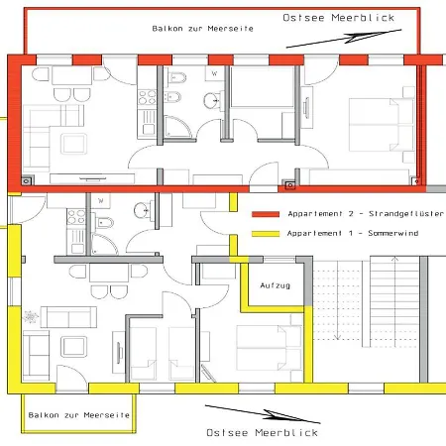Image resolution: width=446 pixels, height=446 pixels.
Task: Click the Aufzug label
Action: point(276,285)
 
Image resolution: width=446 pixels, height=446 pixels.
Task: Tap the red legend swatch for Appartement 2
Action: point(266,214)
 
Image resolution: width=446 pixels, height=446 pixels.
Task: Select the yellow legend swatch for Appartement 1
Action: point(266,234)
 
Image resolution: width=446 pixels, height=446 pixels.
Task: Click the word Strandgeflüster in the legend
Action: point(406,214)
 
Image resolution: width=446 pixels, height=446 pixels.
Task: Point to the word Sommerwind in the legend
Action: point(393,233)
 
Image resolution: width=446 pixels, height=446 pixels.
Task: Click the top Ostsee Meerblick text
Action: point(339,18)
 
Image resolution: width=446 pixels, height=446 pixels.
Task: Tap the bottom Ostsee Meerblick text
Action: point(262,432)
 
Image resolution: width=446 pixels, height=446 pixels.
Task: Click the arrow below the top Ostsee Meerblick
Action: point(344,39)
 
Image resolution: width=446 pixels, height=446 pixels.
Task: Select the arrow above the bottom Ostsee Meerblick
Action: point(263,414)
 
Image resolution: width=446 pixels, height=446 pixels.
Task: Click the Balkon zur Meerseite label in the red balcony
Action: point(202,29)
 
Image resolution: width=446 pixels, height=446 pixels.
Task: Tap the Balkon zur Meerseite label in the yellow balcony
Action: point(79,415)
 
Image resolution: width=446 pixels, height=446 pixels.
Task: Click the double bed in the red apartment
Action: point(382,125)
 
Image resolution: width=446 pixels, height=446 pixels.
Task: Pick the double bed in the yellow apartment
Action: point(269,348)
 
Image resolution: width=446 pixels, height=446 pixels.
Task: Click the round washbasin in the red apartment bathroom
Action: point(210,101)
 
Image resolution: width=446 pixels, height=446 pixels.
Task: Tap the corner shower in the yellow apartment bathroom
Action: point(104,245)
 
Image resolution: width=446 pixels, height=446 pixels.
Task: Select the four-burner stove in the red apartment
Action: point(147,97)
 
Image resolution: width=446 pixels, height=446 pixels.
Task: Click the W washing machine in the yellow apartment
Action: point(101,201)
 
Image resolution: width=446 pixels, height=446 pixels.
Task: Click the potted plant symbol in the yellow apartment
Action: point(30,316)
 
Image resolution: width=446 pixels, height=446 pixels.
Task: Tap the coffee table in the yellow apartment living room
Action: point(74,347)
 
